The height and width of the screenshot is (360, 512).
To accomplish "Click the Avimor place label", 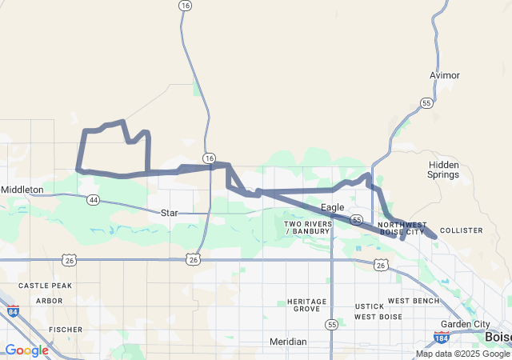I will tap(444, 75).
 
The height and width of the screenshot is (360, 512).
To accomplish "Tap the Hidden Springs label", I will tap(443, 169).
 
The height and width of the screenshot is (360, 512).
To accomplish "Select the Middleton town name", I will tap(22, 190).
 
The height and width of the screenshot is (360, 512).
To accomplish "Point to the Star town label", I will tap(169, 213).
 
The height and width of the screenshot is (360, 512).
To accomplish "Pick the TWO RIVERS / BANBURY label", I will tap(307, 227).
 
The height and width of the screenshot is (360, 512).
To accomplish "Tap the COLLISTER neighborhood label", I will tap(462, 230).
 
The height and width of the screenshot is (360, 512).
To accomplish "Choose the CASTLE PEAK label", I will tap(45, 286).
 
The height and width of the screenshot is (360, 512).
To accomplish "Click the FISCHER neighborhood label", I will tap(66, 329).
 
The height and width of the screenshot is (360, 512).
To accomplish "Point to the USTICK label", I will tap(370, 306).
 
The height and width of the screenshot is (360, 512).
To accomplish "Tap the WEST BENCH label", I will tap(414, 301).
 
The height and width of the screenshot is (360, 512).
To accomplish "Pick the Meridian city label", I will tap(287, 342).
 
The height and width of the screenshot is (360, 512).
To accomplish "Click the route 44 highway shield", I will tap(94, 199).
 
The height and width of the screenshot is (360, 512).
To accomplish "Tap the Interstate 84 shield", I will tap(12, 312).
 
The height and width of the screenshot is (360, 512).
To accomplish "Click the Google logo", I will tap(26, 350).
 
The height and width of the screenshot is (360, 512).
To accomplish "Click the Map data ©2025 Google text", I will tap(462, 354).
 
